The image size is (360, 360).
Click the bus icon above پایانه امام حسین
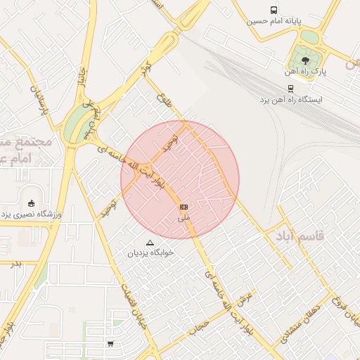(274, 11)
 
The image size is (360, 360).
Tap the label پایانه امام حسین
(274, 22)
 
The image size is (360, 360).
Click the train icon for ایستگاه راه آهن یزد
(290, 89)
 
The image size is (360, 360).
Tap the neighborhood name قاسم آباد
(300, 234)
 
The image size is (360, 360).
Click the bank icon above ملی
(184, 207)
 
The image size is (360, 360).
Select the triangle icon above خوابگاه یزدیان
(149, 242)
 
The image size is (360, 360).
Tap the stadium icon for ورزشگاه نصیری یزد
(31, 203)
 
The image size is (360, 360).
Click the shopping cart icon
(110, 344)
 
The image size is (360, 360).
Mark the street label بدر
(17, 262)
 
